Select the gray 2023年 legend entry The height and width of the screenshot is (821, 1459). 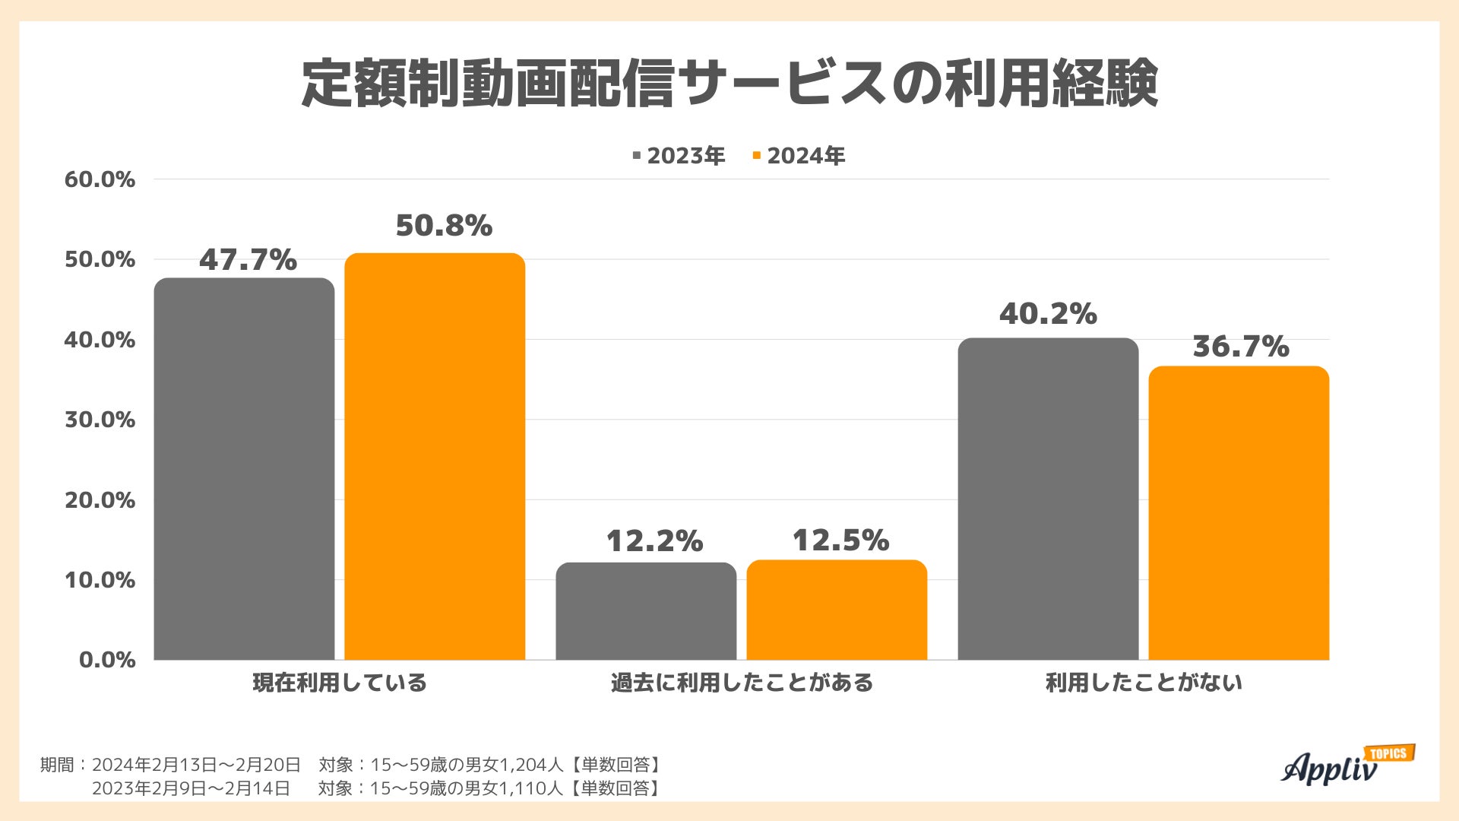point(679,156)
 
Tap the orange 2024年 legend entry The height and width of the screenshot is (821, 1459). point(799,156)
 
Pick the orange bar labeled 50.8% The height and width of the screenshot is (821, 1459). point(435,456)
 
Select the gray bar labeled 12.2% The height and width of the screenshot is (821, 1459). point(646,611)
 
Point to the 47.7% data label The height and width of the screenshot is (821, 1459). point(248,260)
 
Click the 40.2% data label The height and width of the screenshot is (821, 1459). point(1048,313)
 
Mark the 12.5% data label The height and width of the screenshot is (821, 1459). point(840,540)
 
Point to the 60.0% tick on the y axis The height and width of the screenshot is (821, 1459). point(100,179)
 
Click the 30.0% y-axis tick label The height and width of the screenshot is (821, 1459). point(100,420)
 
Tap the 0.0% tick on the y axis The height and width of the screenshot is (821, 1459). point(107,659)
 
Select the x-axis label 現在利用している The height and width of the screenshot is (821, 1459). point(340,683)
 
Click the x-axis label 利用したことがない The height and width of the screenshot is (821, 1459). point(1144,683)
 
